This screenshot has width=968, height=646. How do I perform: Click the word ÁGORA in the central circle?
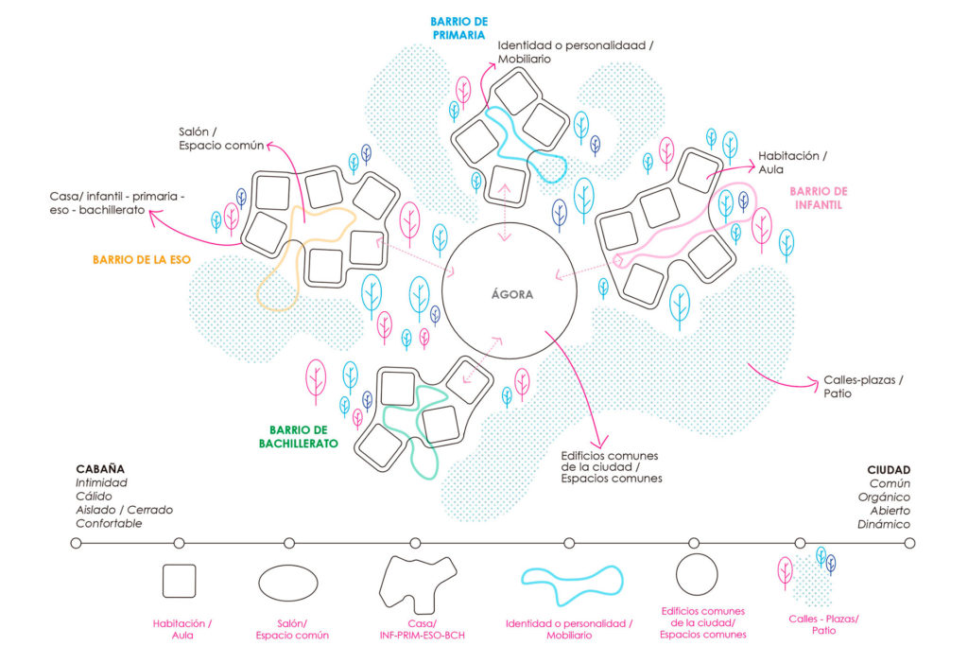click(x=511, y=294)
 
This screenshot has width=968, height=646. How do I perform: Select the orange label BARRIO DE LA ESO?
click(x=139, y=257)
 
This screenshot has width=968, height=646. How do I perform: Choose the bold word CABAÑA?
click(x=100, y=469)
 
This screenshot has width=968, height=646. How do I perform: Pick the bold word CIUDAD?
click(x=889, y=469)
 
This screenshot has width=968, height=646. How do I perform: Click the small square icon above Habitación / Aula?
click(x=179, y=581)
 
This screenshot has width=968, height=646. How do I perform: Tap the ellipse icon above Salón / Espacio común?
click(x=288, y=581)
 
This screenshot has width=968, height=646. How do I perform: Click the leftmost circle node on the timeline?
click(x=77, y=543)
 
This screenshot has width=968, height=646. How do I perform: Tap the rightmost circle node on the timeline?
click(x=909, y=543)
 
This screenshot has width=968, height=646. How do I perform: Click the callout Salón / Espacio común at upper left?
click(x=213, y=138)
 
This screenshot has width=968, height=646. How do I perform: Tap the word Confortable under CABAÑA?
click(x=110, y=523)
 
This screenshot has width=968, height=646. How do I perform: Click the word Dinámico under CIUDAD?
click(x=883, y=524)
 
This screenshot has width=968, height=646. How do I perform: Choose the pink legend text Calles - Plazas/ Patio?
click(x=823, y=624)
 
